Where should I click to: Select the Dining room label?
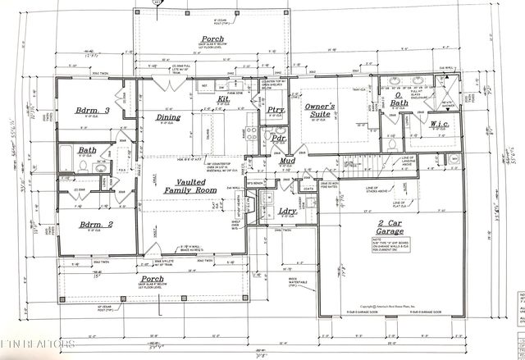pos(169,118)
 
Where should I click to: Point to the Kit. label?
pos(224,100)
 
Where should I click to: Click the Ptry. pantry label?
pos(276,110)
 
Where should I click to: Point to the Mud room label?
pos(287,161)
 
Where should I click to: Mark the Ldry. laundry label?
pos(287,212)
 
